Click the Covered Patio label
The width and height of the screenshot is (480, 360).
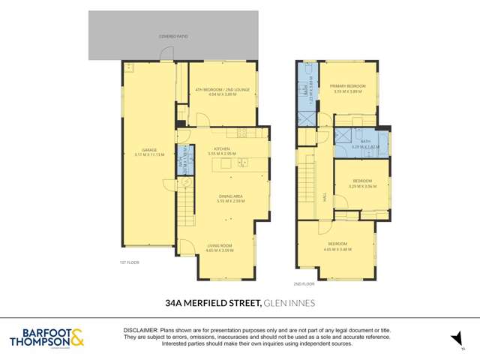tap(173, 35)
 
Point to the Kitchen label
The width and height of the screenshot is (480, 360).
tap(221, 149)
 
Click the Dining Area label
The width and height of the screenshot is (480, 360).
tap(229, 196)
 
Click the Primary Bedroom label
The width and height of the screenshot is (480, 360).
tap(348, 87)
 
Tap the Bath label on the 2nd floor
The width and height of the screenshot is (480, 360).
tap(365, 141)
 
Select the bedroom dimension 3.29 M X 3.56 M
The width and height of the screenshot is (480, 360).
tap(363, 185)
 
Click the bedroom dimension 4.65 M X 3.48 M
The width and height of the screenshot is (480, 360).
tap(337, 248)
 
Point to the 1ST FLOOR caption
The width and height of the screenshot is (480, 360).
tap(130, 262)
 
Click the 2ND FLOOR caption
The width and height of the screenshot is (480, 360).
tap(304, 283)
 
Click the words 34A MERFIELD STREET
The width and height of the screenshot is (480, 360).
tap(212, 303)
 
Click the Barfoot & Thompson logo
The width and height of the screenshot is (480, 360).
tap(46, 337)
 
